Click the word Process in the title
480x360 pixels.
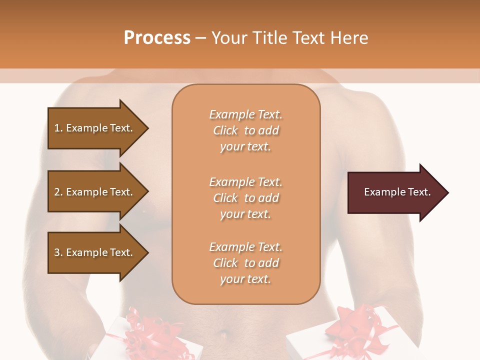[157, 38]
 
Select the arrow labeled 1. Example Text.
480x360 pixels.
[95, 128]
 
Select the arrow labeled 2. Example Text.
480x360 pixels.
[95, 192]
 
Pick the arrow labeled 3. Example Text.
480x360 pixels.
[95, 252]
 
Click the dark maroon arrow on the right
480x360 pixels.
[395, 192]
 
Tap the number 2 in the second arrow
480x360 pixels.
[57, 192]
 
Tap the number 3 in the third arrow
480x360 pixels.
[57, 252]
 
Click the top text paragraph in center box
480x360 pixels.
[245, 130]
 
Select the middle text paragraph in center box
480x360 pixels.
[245, 198]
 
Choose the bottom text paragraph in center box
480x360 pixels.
[245, 263]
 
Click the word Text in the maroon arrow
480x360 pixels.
[419, 192]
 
